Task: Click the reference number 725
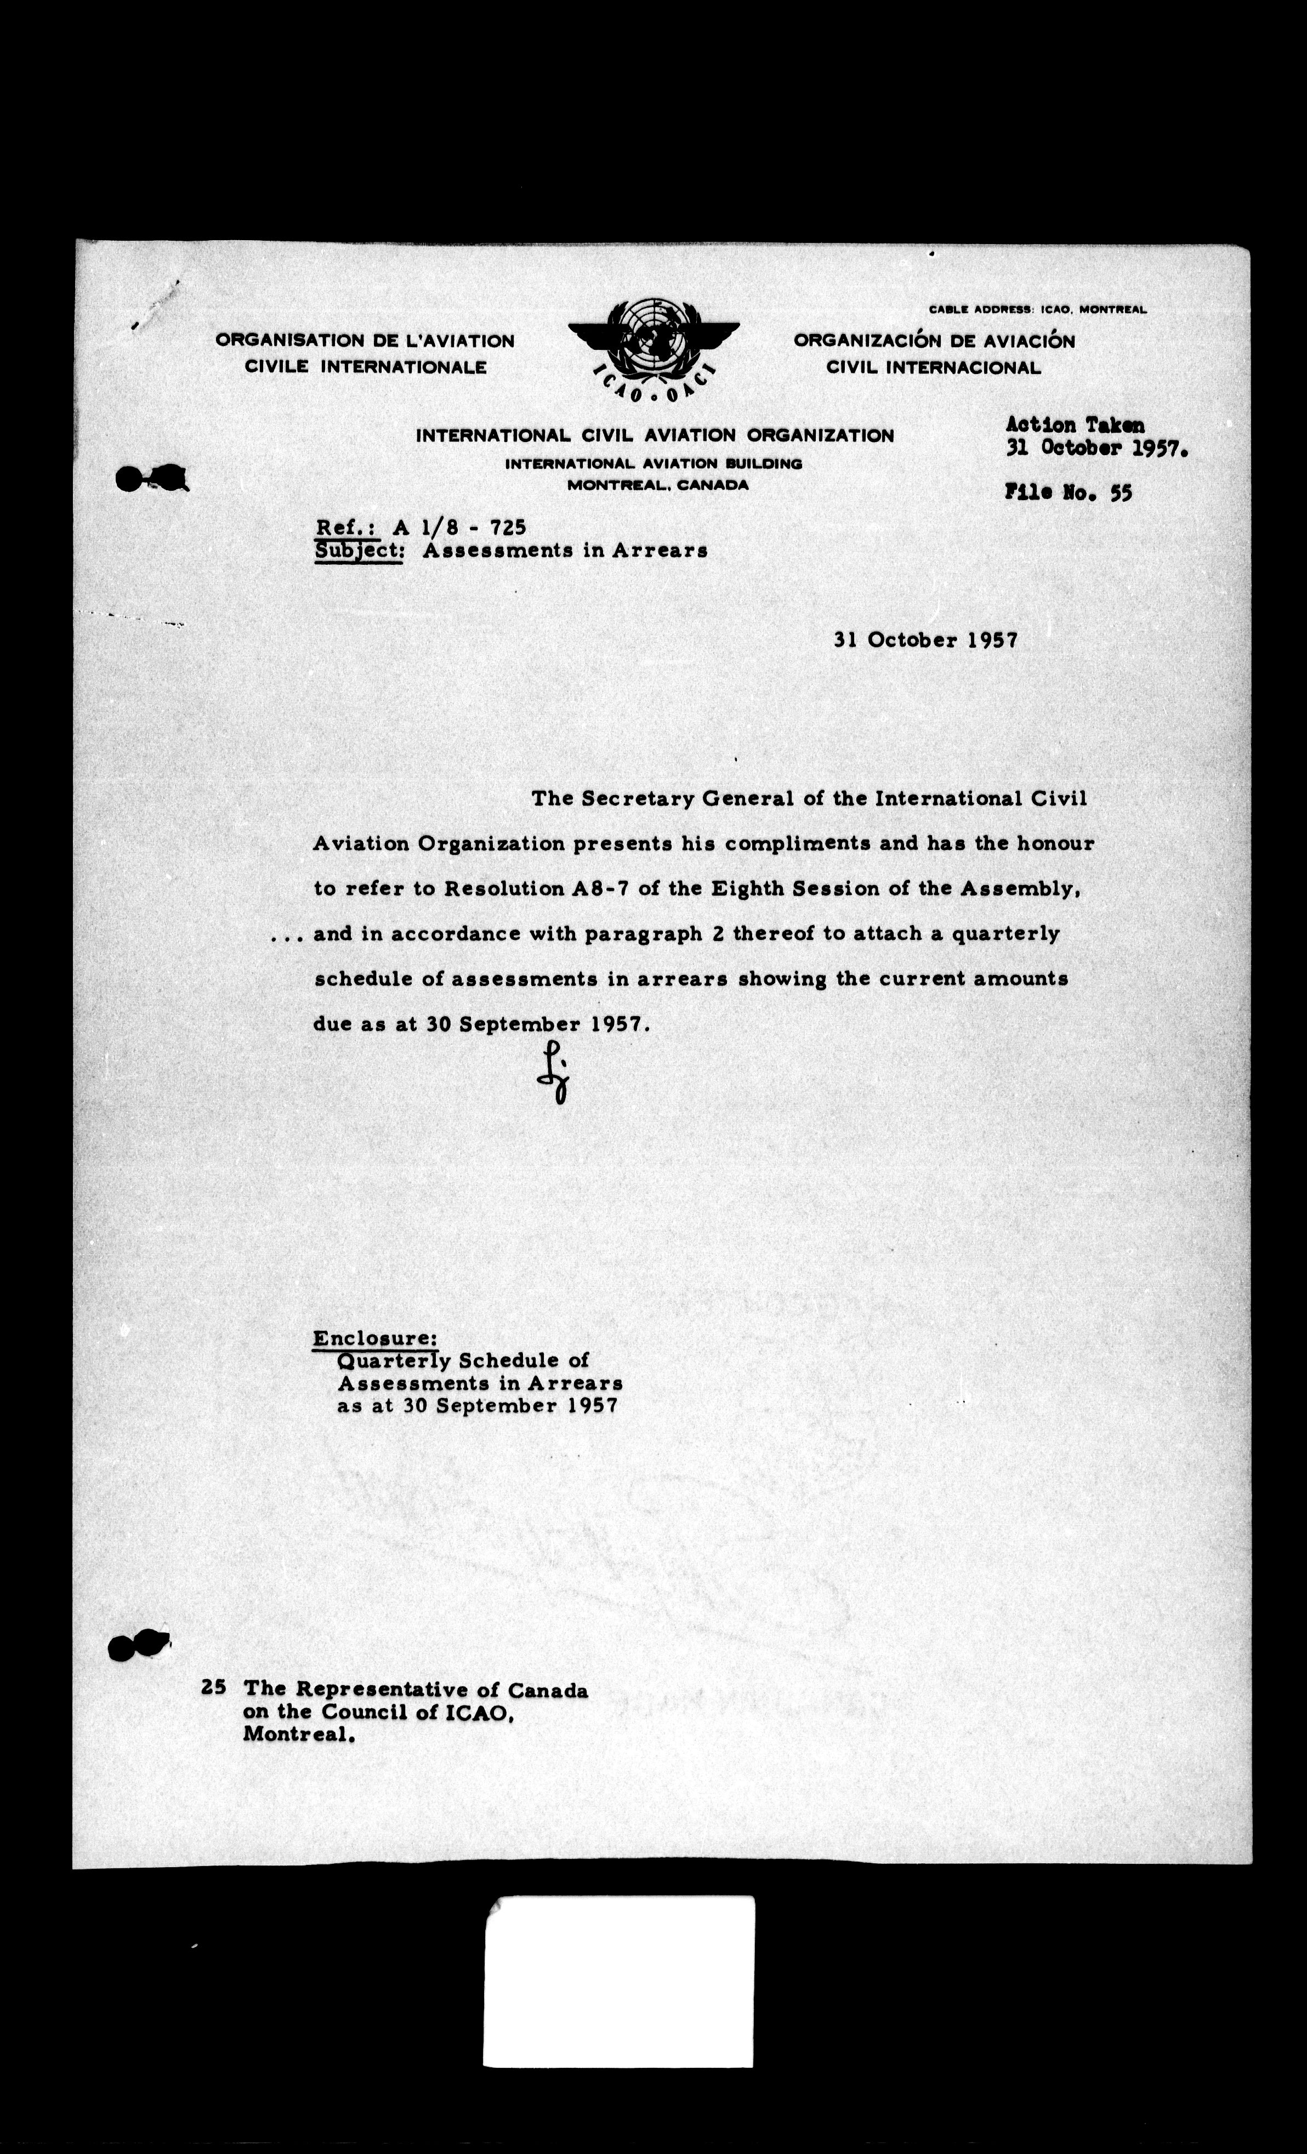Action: point(508,527)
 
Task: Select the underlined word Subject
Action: point(359,551)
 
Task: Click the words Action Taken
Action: point(1075,426)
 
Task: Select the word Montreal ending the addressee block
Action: point(297,1735)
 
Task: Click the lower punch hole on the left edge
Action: point(138,1646)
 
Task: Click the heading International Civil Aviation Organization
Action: point(655,435)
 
